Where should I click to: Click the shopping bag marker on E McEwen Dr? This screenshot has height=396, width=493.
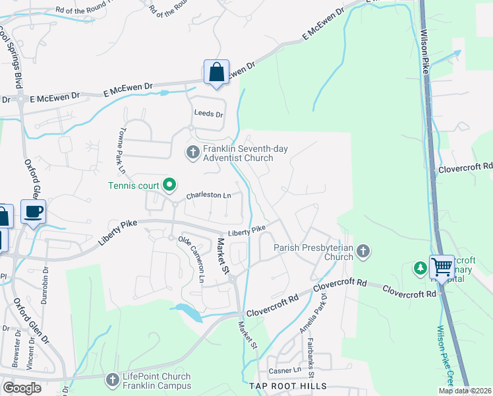coord(216,72)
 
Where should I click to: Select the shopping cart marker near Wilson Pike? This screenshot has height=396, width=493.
coord(441,268)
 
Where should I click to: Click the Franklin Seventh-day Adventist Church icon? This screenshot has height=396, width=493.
coord(193,153)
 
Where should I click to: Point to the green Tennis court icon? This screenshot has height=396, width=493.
coord(169,184)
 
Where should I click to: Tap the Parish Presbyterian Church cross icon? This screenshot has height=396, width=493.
coord(363,251)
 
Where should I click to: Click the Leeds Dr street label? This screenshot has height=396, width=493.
coord(208,114)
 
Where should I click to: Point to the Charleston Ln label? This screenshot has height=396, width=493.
coord(208,196)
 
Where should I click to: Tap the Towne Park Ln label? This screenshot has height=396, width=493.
coord(123,146)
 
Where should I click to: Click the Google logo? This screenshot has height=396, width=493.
coord(22,388)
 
